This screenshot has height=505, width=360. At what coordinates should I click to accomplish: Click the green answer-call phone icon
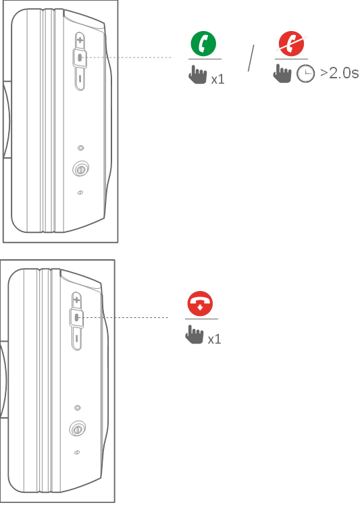203,44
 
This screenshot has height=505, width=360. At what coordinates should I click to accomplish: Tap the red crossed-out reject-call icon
291,44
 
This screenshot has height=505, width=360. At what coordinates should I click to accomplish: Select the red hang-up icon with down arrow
200,304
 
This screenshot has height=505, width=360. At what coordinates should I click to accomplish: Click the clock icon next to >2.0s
305,74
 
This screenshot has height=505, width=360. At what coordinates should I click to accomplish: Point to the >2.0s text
339,74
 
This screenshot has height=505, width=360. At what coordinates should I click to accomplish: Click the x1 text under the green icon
217,80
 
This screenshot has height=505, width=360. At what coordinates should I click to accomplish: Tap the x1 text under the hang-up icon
214,340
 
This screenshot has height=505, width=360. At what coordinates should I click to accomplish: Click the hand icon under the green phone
198,75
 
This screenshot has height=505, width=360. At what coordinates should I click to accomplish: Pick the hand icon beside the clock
282,74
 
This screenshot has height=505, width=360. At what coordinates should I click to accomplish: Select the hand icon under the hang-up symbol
195,335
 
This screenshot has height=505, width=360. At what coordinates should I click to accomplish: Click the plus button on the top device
80,41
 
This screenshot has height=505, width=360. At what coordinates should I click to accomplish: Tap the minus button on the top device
80,78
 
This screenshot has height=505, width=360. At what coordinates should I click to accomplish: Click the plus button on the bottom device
77,300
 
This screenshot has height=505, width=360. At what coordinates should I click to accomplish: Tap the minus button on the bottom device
77,338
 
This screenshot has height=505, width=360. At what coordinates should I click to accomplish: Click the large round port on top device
80,169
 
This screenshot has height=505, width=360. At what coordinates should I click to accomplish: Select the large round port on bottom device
78,429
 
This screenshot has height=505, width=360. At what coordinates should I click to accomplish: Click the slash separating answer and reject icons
251,58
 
